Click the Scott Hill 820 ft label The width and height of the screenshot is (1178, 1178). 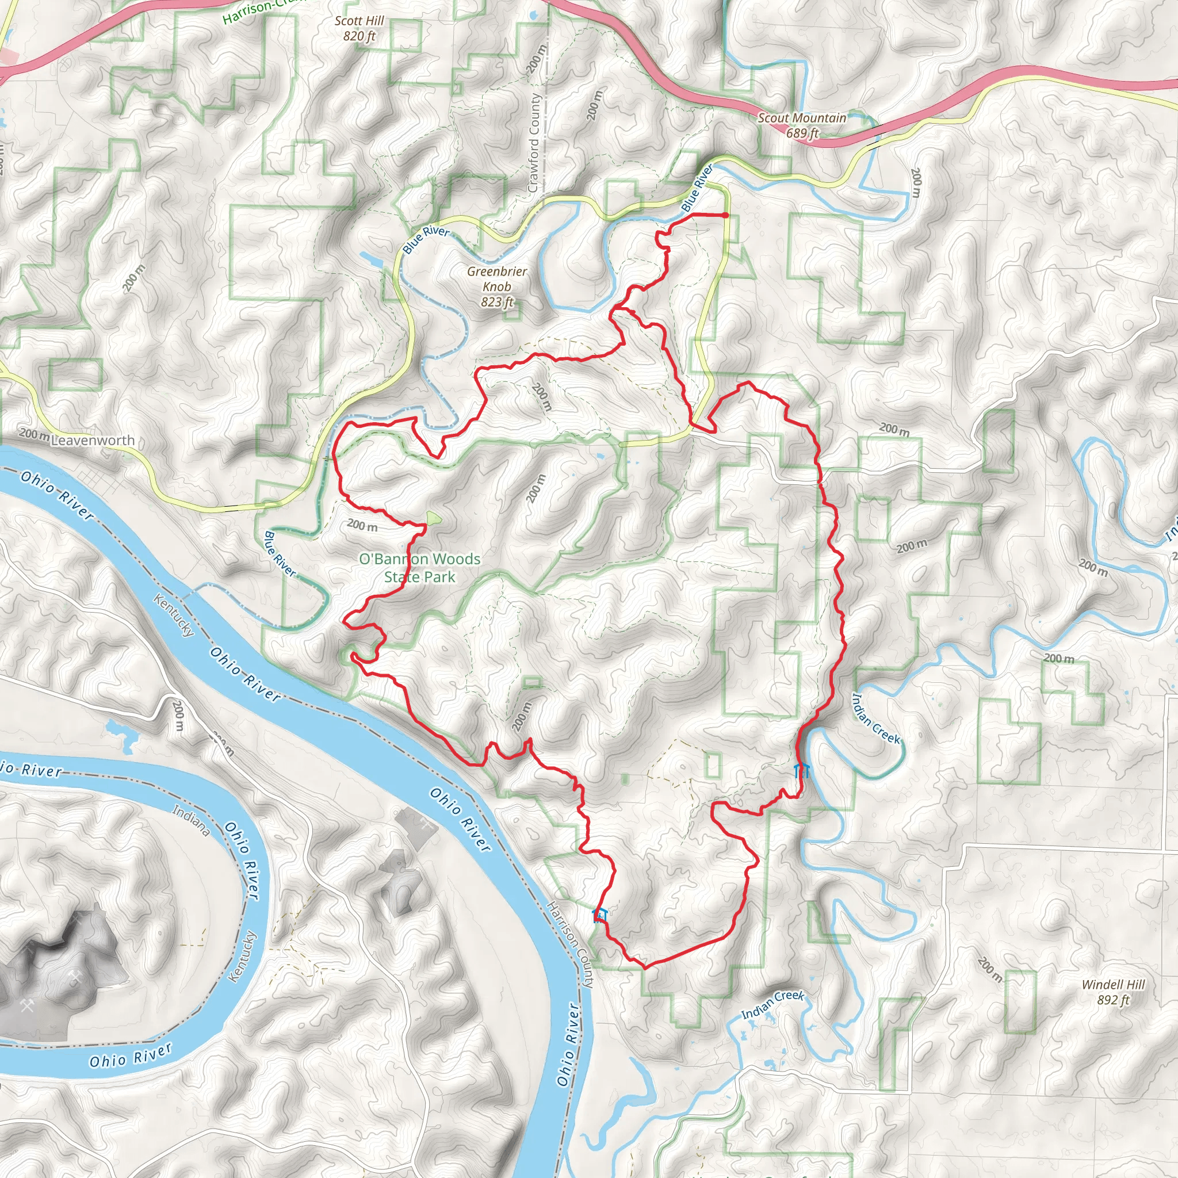[359, 28]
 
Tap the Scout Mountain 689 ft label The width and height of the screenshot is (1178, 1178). [801, 125]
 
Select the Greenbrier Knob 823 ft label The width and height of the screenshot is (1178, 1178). [497, 286]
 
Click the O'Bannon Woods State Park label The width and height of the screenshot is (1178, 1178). [419, 568]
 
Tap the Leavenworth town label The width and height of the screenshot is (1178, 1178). [93, 440]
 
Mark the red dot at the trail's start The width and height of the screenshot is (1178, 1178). [725, 215]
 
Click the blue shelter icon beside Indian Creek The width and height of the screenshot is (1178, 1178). [802, 770]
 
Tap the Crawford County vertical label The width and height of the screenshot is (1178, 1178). [534, 143]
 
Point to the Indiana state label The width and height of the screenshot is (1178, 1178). [192, 820]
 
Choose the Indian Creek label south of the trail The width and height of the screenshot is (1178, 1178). [772, 1004]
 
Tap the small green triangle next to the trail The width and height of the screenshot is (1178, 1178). [433, 519]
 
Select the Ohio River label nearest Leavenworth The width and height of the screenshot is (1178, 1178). [57, 495]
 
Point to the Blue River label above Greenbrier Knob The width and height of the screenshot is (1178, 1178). [426, 239]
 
